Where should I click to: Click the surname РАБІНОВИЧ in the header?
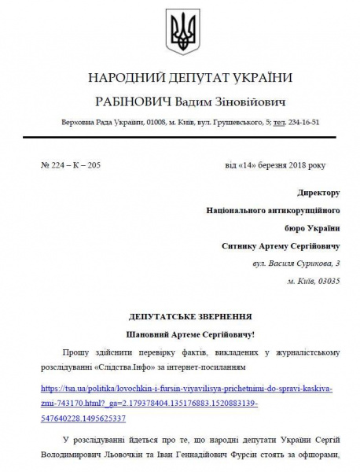133,103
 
